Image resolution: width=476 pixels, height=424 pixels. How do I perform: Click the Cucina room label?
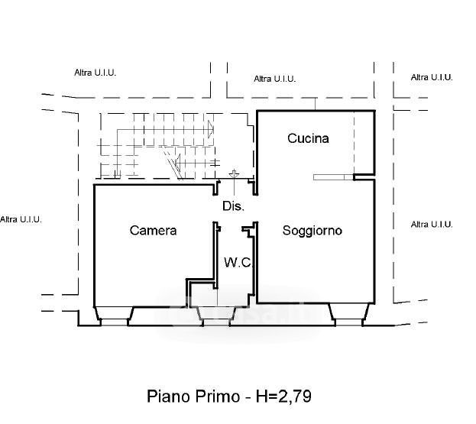click(x=308, y=138)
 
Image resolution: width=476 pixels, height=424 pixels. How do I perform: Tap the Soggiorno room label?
click(x=312, y=230)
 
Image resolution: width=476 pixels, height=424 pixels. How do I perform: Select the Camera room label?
click(x=153, y=230)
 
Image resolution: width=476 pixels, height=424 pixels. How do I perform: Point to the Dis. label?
click(x=233, y=206)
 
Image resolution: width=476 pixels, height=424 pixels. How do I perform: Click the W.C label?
click(x=238, y=263)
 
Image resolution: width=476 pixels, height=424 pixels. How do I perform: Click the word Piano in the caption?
click(x=170, y=396)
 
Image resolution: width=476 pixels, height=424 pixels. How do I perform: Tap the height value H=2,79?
click(x=283, y=396)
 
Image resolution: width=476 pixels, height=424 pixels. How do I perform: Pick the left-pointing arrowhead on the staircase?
click(x=176, y=163)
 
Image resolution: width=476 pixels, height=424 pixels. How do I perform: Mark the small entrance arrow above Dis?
click(x=234, y=175)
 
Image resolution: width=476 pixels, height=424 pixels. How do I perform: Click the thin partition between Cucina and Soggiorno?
click(x=334, y=177)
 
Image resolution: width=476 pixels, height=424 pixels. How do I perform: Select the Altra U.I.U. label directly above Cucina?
click(x=274, y=79)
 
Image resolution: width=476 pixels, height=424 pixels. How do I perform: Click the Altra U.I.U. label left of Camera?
click(x=21, y=219)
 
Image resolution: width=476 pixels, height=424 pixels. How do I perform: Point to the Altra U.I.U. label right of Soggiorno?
click(x=432, y=225)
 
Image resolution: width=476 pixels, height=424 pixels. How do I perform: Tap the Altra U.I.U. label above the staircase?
click(x=95, y=73)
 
